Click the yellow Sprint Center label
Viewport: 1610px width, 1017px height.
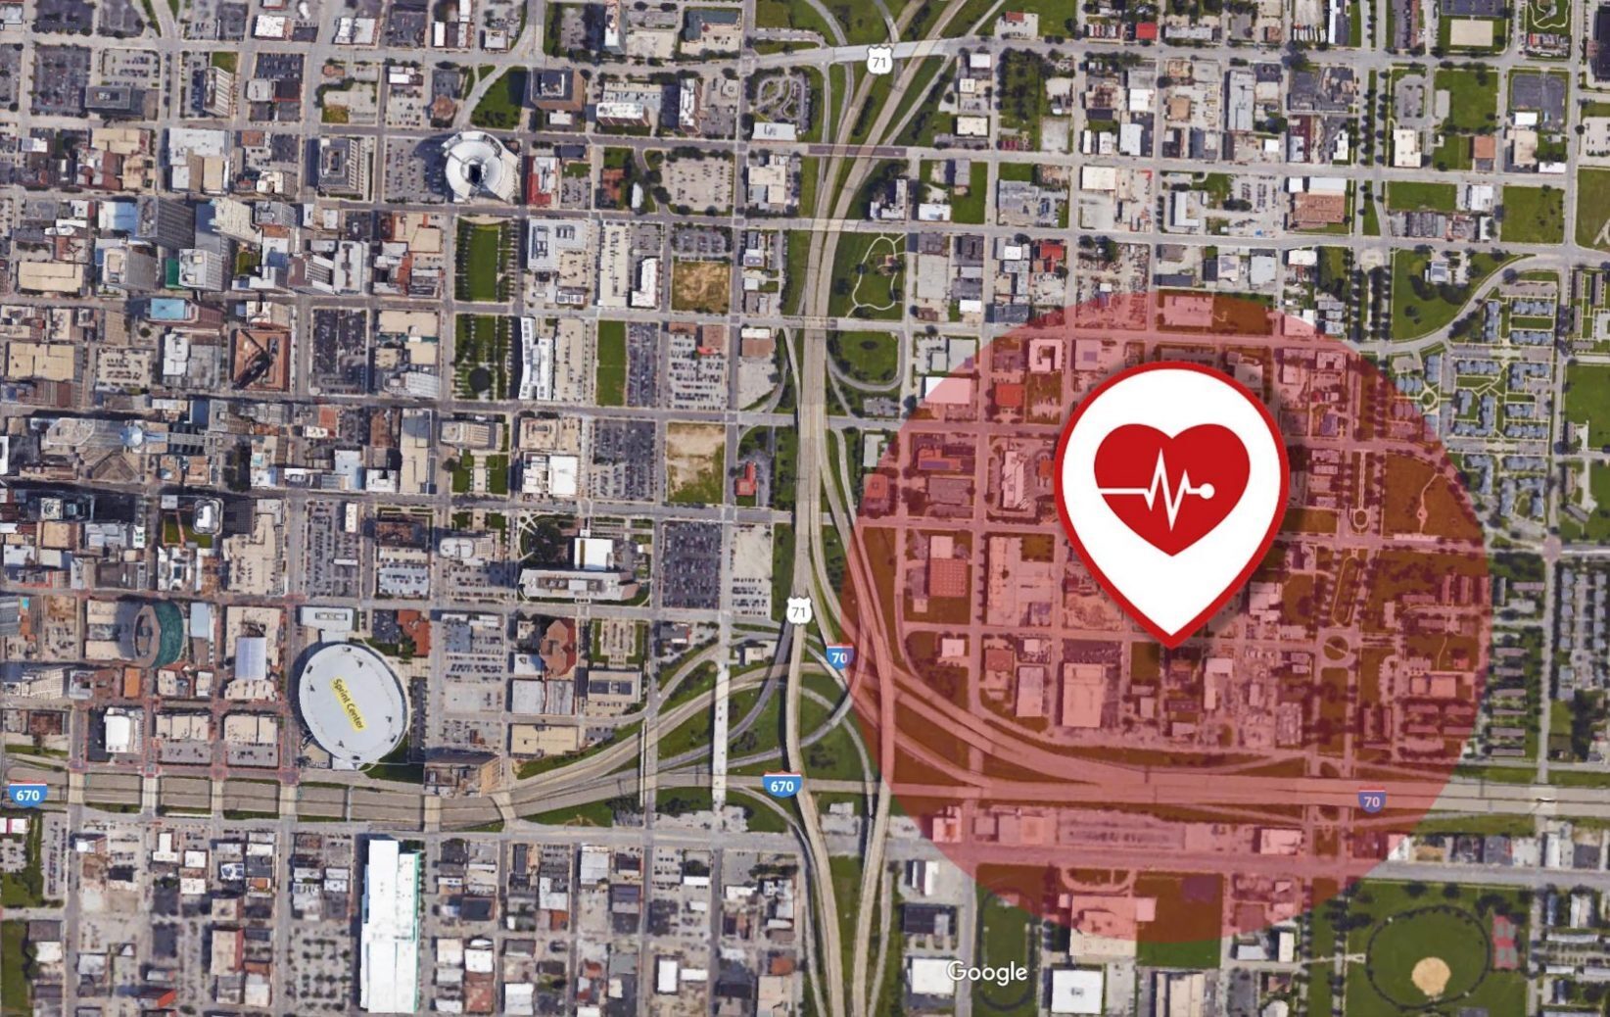(x=348, y=703)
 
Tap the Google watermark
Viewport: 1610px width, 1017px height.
(x=986, y=972)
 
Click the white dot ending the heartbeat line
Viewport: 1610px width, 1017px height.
(x=1207, y=490)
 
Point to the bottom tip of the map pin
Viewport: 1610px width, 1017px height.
(x=1171, y=642)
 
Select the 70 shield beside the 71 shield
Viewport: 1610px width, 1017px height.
(x=838, y=657)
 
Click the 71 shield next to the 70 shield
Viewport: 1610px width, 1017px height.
(x=799, y=611)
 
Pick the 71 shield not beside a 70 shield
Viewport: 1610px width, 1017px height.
(x=878, y=62)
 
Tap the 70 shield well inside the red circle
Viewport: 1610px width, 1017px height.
(x=1371, y=801)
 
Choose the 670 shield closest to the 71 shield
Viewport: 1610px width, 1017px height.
(x=781, y=786)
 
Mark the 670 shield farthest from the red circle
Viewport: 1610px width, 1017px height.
(x=26, y=795)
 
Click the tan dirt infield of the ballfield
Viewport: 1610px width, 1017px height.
(x=1431, y=974)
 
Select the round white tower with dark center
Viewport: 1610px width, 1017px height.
(x=479, y=168)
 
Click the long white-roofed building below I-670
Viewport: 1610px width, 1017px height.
(x=390, y=926)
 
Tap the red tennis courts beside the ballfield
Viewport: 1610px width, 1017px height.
(x=1503, y=941)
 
